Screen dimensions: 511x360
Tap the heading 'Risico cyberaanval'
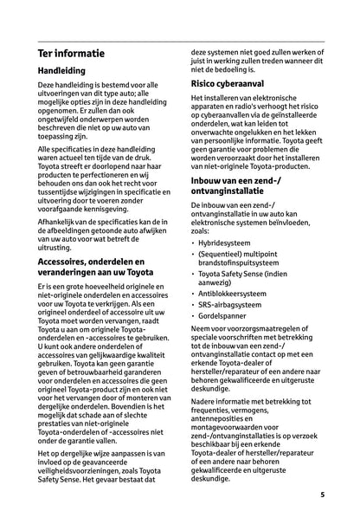tap(235, 84)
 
